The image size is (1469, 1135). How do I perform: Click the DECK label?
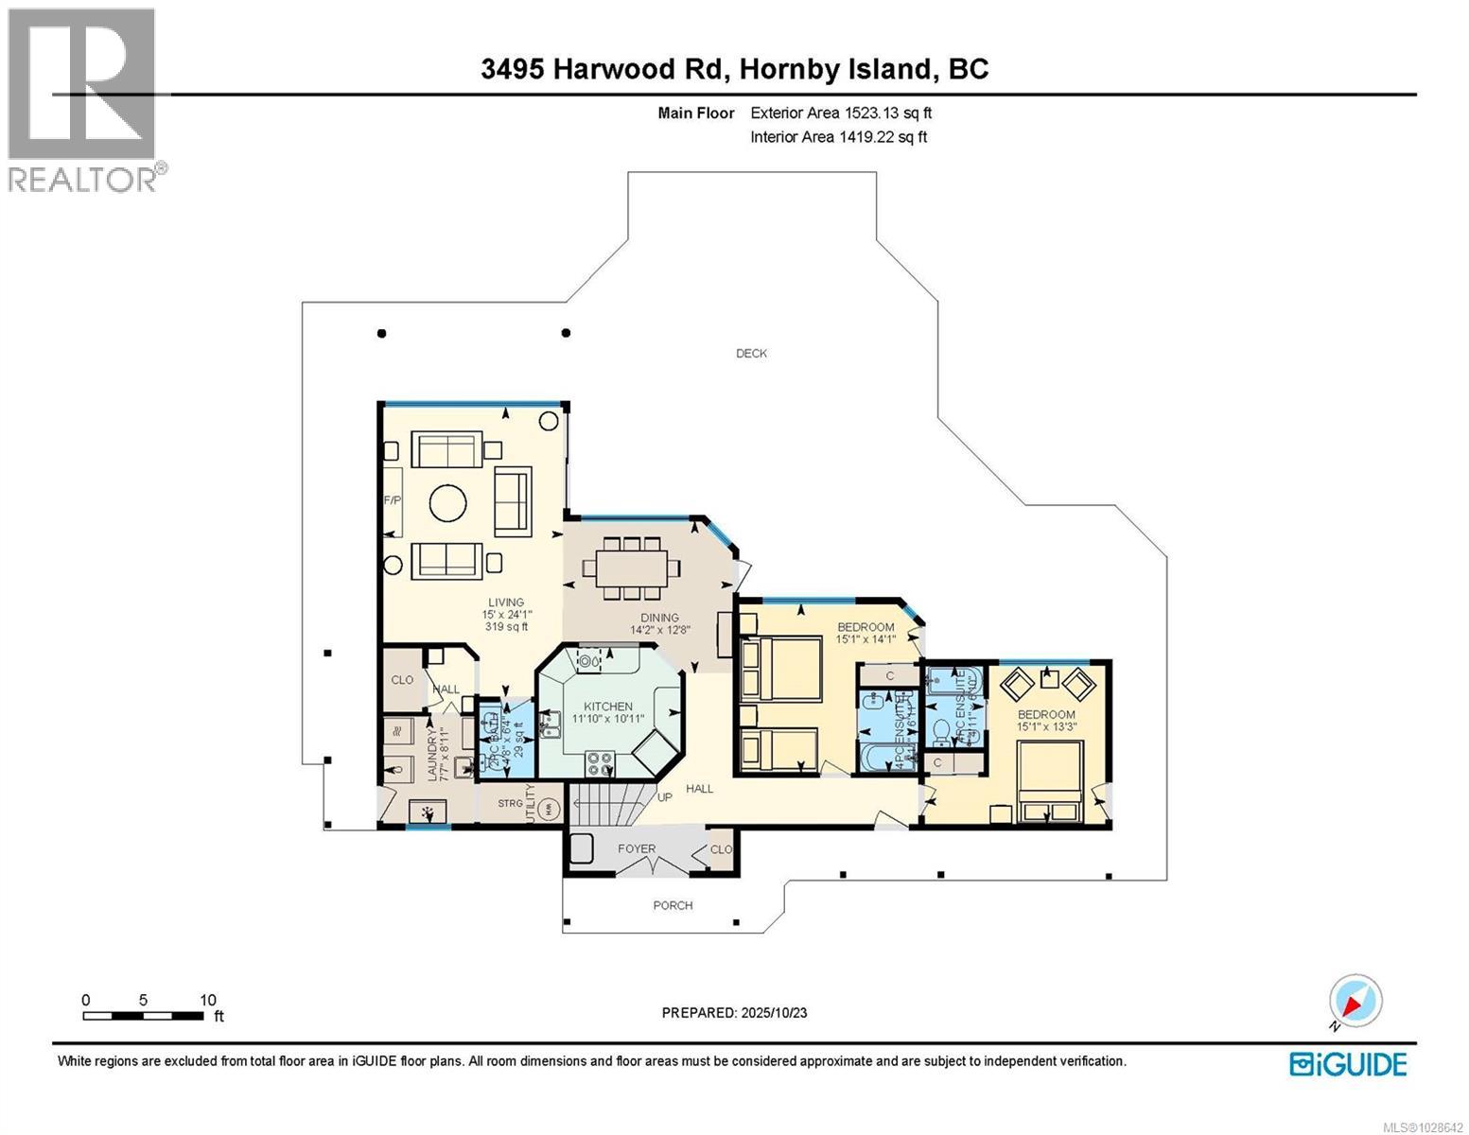(x=751, y=354)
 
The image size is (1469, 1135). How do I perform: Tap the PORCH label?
(x=673, y=905)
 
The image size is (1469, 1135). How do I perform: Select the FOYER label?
(x=637, y=848)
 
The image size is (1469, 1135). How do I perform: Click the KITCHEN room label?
(x=607, y=707)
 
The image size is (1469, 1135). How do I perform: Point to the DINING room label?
(x=659, y=618)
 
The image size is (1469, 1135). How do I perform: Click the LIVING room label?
(x=505, y=602)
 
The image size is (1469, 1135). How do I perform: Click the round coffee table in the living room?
(x=447, y=503)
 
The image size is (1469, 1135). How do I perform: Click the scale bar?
(x=143, y=1016)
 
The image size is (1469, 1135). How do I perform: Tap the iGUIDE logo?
(x=1348, y=1064)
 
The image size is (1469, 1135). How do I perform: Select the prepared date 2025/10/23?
(x=734, y=1012)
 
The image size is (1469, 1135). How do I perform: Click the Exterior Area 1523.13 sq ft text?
(x=841, y=113)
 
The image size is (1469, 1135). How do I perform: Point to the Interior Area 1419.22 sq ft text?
(x=838, y=136)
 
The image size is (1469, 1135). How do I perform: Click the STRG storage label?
(x=510, y=803)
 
